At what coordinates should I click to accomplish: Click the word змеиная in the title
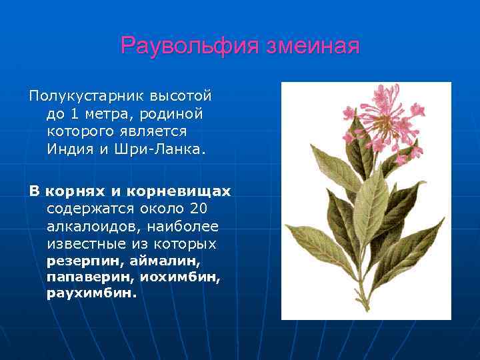pyautogui.click(x=313, y=46)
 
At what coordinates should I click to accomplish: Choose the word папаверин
pyautogui.click(x=84, y=277)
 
